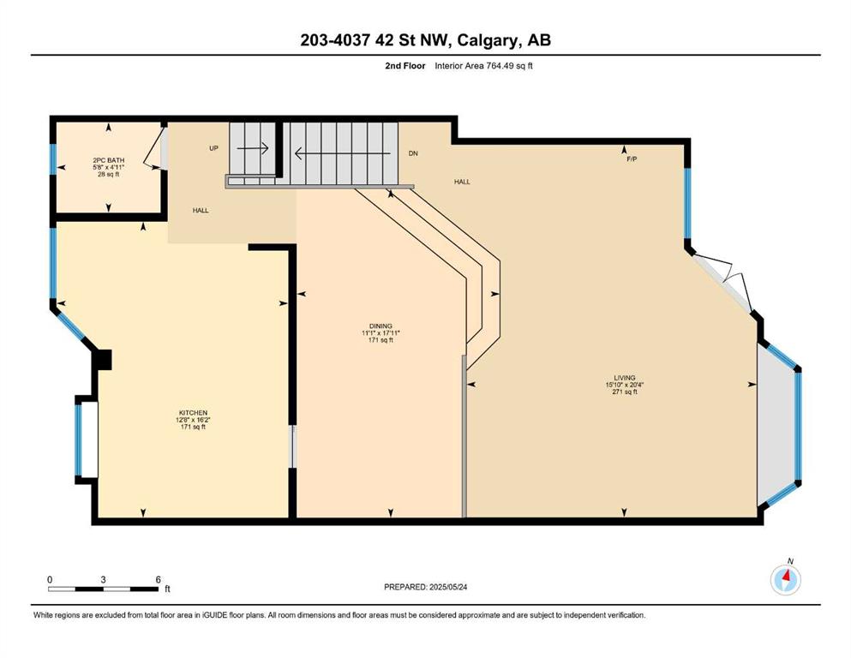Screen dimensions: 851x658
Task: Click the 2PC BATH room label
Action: click(x=109, y=160)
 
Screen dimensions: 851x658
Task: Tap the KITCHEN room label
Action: click(x=193, y=413)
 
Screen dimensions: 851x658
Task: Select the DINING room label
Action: click(x=381, y=326)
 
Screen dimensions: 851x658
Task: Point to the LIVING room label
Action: click(x=625, y=378)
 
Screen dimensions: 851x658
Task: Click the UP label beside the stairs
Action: click(x=214, y=148)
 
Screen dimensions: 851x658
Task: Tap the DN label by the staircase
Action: click(x=413, y=153)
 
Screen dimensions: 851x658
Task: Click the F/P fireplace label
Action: click(x=632, y=159)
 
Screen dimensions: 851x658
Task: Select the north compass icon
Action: click(x=785, y=579)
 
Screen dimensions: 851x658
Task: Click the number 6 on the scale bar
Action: click(x=158, y=579)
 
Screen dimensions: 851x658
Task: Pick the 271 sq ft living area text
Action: click(x=625, y=392)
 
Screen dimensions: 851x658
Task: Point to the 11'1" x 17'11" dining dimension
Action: click(x=381, y=333)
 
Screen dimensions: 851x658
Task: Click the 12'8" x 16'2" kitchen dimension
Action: click(x=193, y=420)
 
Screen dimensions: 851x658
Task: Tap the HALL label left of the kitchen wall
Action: click(x=201, y=211)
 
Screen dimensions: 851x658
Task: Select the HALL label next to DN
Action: click(x=462, y=182)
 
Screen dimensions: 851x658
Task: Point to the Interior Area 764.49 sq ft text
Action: click(x=483, y=66)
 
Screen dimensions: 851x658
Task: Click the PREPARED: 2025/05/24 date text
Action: click(x=425, y=587)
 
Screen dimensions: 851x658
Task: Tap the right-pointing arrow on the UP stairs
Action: click(x=253, y=147)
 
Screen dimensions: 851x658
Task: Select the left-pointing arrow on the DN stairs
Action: click(x=343, y=153)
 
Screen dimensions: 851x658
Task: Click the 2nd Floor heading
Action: click(x=405, y=66)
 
